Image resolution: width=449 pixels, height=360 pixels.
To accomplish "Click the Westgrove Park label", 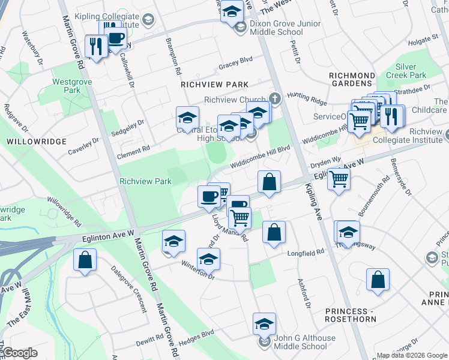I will (x=66, y=85).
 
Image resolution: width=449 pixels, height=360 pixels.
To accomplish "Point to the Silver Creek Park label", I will (x=411, y=71).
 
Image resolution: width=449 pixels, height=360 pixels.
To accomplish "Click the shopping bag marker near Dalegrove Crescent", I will (x=85, y=260).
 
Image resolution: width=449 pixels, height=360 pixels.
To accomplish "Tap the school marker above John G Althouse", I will (x=264, y=324).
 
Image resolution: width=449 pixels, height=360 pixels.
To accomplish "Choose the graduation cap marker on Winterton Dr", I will (x=208, y=259).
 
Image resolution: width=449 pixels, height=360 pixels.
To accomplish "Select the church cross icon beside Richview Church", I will (x=276, y=98).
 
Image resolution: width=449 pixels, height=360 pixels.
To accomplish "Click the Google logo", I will (x=21, y=353).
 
